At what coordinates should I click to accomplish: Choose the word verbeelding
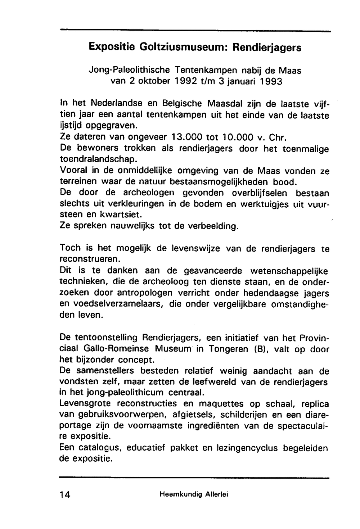point(213,227)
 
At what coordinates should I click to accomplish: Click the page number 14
point(65,494)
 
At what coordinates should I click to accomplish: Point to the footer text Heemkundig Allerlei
point(194,494)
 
